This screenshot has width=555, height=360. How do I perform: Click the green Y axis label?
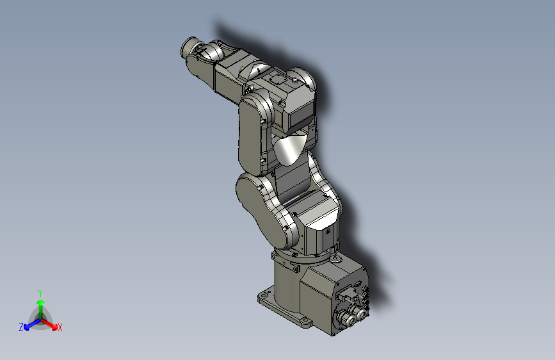pos(40,291)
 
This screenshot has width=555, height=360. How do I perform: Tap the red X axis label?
pos(60,328)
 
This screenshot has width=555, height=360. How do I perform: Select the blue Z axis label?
pos(21,327)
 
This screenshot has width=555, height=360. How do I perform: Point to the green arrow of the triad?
pos(40,304)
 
